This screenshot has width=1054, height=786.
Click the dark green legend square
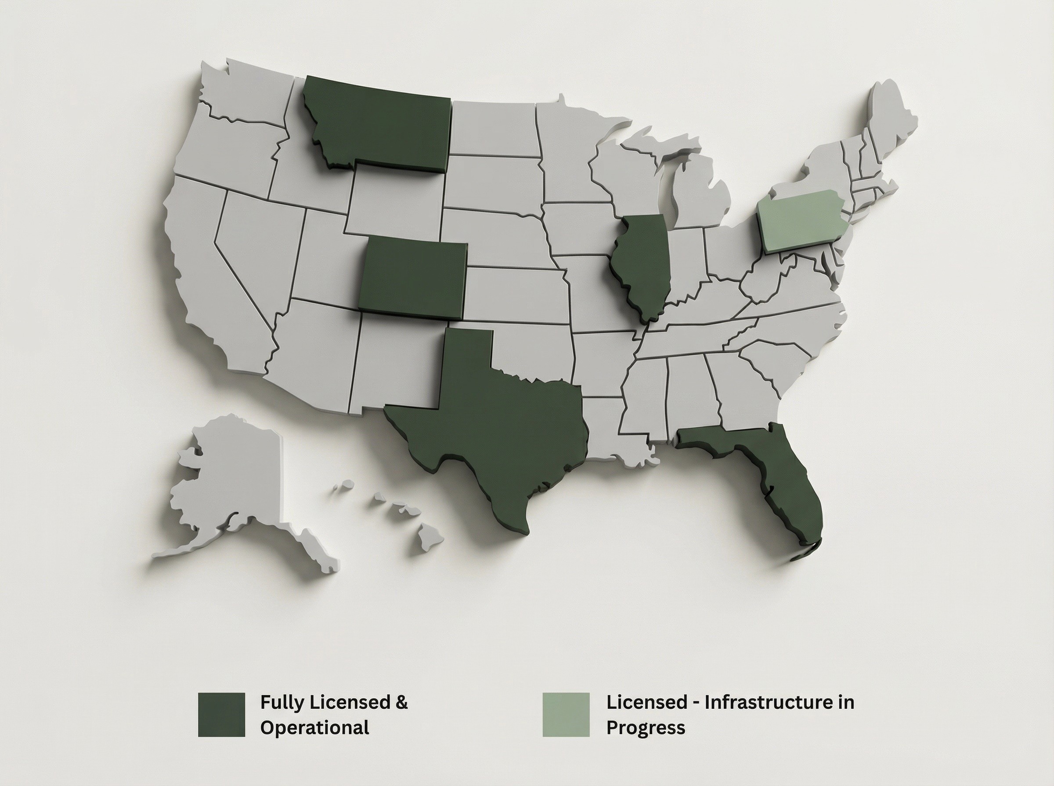click(221, 715)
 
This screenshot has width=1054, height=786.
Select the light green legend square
click(566, 715)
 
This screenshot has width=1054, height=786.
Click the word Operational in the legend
click(314, 728)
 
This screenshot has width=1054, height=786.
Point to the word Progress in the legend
click(645, 728)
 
